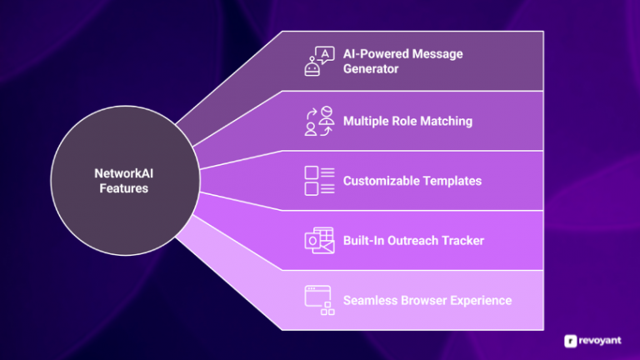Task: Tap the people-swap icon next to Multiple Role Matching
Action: [x=319, y=121]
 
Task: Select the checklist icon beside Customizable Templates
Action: [x=319, y=181]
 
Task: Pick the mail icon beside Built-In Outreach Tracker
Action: [x=319, y=240]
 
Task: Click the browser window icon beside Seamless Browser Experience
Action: [x=319, y=300]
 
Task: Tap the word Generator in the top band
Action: [x=371, y=68]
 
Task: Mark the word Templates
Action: [x=453, y=181]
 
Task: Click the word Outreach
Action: [x=413, y=241]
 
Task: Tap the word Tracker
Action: [x=462, y=241]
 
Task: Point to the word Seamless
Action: [x=369, y=300]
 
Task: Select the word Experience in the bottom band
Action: [x=481, y=300]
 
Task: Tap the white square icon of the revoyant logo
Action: [x=571, y=340]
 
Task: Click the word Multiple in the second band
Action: [x=367, y=121]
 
